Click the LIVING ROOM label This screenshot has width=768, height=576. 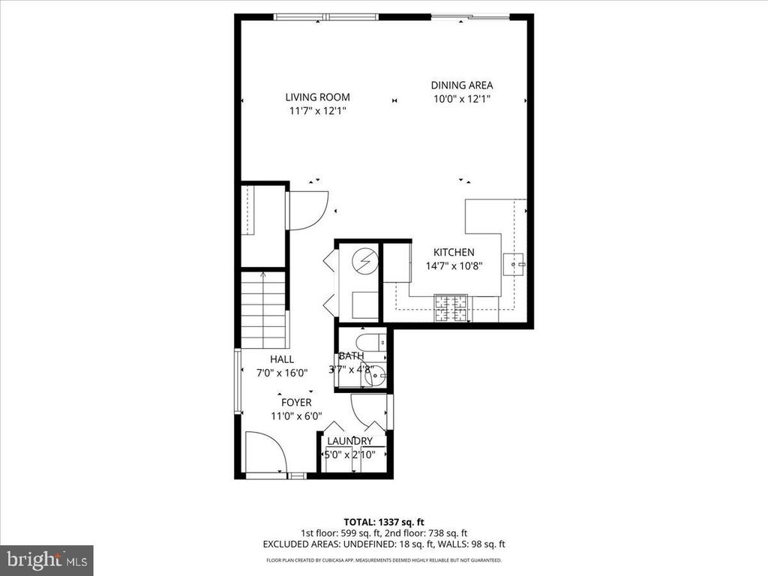317,97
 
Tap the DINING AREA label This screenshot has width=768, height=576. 461,85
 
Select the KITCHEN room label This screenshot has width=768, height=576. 454,253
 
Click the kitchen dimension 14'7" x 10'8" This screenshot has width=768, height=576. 454,265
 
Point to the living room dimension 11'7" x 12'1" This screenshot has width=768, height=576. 317,111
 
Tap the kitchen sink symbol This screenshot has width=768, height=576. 516,265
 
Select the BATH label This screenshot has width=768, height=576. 351,355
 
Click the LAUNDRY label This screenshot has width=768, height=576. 350,441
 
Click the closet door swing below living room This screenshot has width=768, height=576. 307,210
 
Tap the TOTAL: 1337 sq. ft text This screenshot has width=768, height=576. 383,521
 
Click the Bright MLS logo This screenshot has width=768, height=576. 46,559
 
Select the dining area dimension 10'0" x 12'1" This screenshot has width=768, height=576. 461,99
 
